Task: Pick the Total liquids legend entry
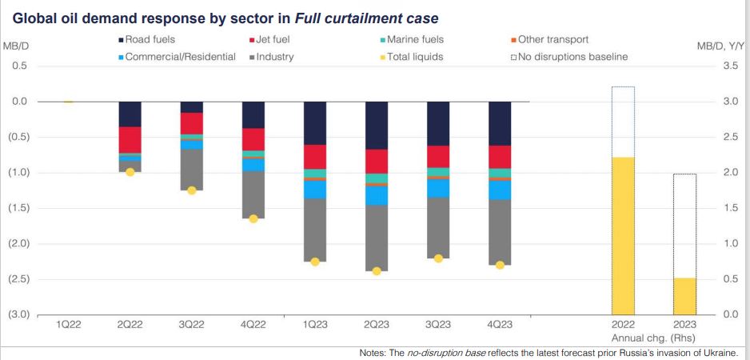click(415, 57)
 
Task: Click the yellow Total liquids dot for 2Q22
click(130, 172)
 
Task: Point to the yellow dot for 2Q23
click(377, 271)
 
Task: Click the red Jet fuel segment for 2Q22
click(130, 139)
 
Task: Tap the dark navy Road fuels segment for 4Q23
click(500, 123)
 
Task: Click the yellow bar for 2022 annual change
click(623, 235)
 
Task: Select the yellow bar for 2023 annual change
click(684, 296)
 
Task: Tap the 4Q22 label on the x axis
click(253, 326)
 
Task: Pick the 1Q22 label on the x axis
click(68, 326)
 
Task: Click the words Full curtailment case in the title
click(375, 17)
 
